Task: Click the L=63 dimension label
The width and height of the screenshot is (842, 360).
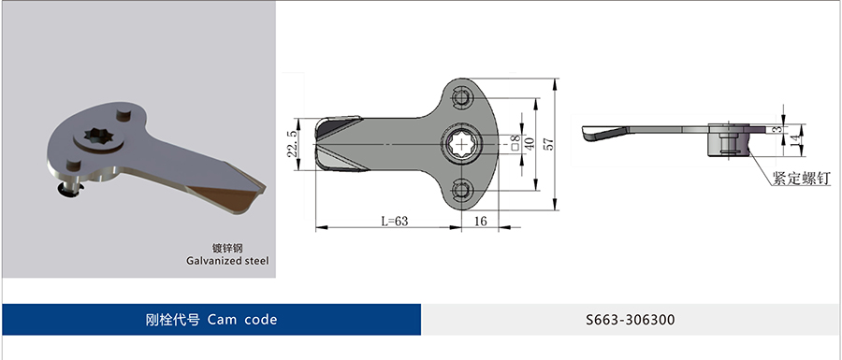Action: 395,221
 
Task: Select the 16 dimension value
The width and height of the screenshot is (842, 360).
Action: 481,221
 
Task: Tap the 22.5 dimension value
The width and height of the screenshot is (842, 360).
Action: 291,144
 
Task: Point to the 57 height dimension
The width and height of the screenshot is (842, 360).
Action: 547,144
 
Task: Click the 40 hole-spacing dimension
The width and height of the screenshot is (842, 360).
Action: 529,144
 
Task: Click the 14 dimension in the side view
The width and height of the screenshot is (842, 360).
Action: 792,140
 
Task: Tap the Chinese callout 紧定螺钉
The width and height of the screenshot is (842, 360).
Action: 801,179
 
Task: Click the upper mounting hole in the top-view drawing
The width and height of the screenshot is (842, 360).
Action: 461,98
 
